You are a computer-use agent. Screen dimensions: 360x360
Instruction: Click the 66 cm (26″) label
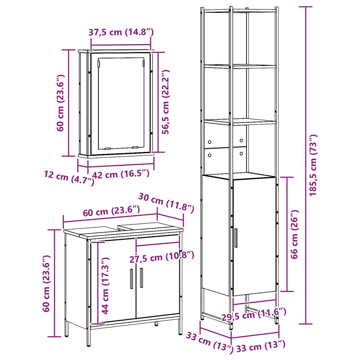point(295,234)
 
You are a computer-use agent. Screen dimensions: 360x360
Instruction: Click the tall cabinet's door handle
point(235,238)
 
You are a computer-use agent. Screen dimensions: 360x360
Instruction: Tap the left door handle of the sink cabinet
point(131,279)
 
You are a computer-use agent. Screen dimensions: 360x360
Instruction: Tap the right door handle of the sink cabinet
point(141,278)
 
